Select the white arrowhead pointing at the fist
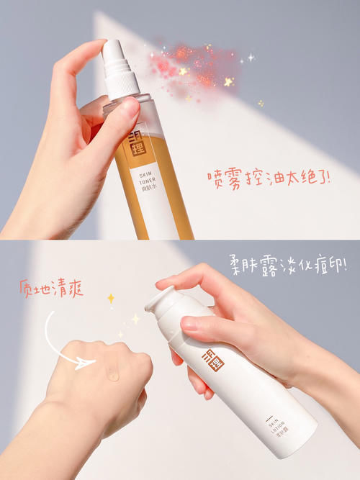tap(89, 363)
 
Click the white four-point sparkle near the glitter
tap(251, 55)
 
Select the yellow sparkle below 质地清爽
tap(111, 297)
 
